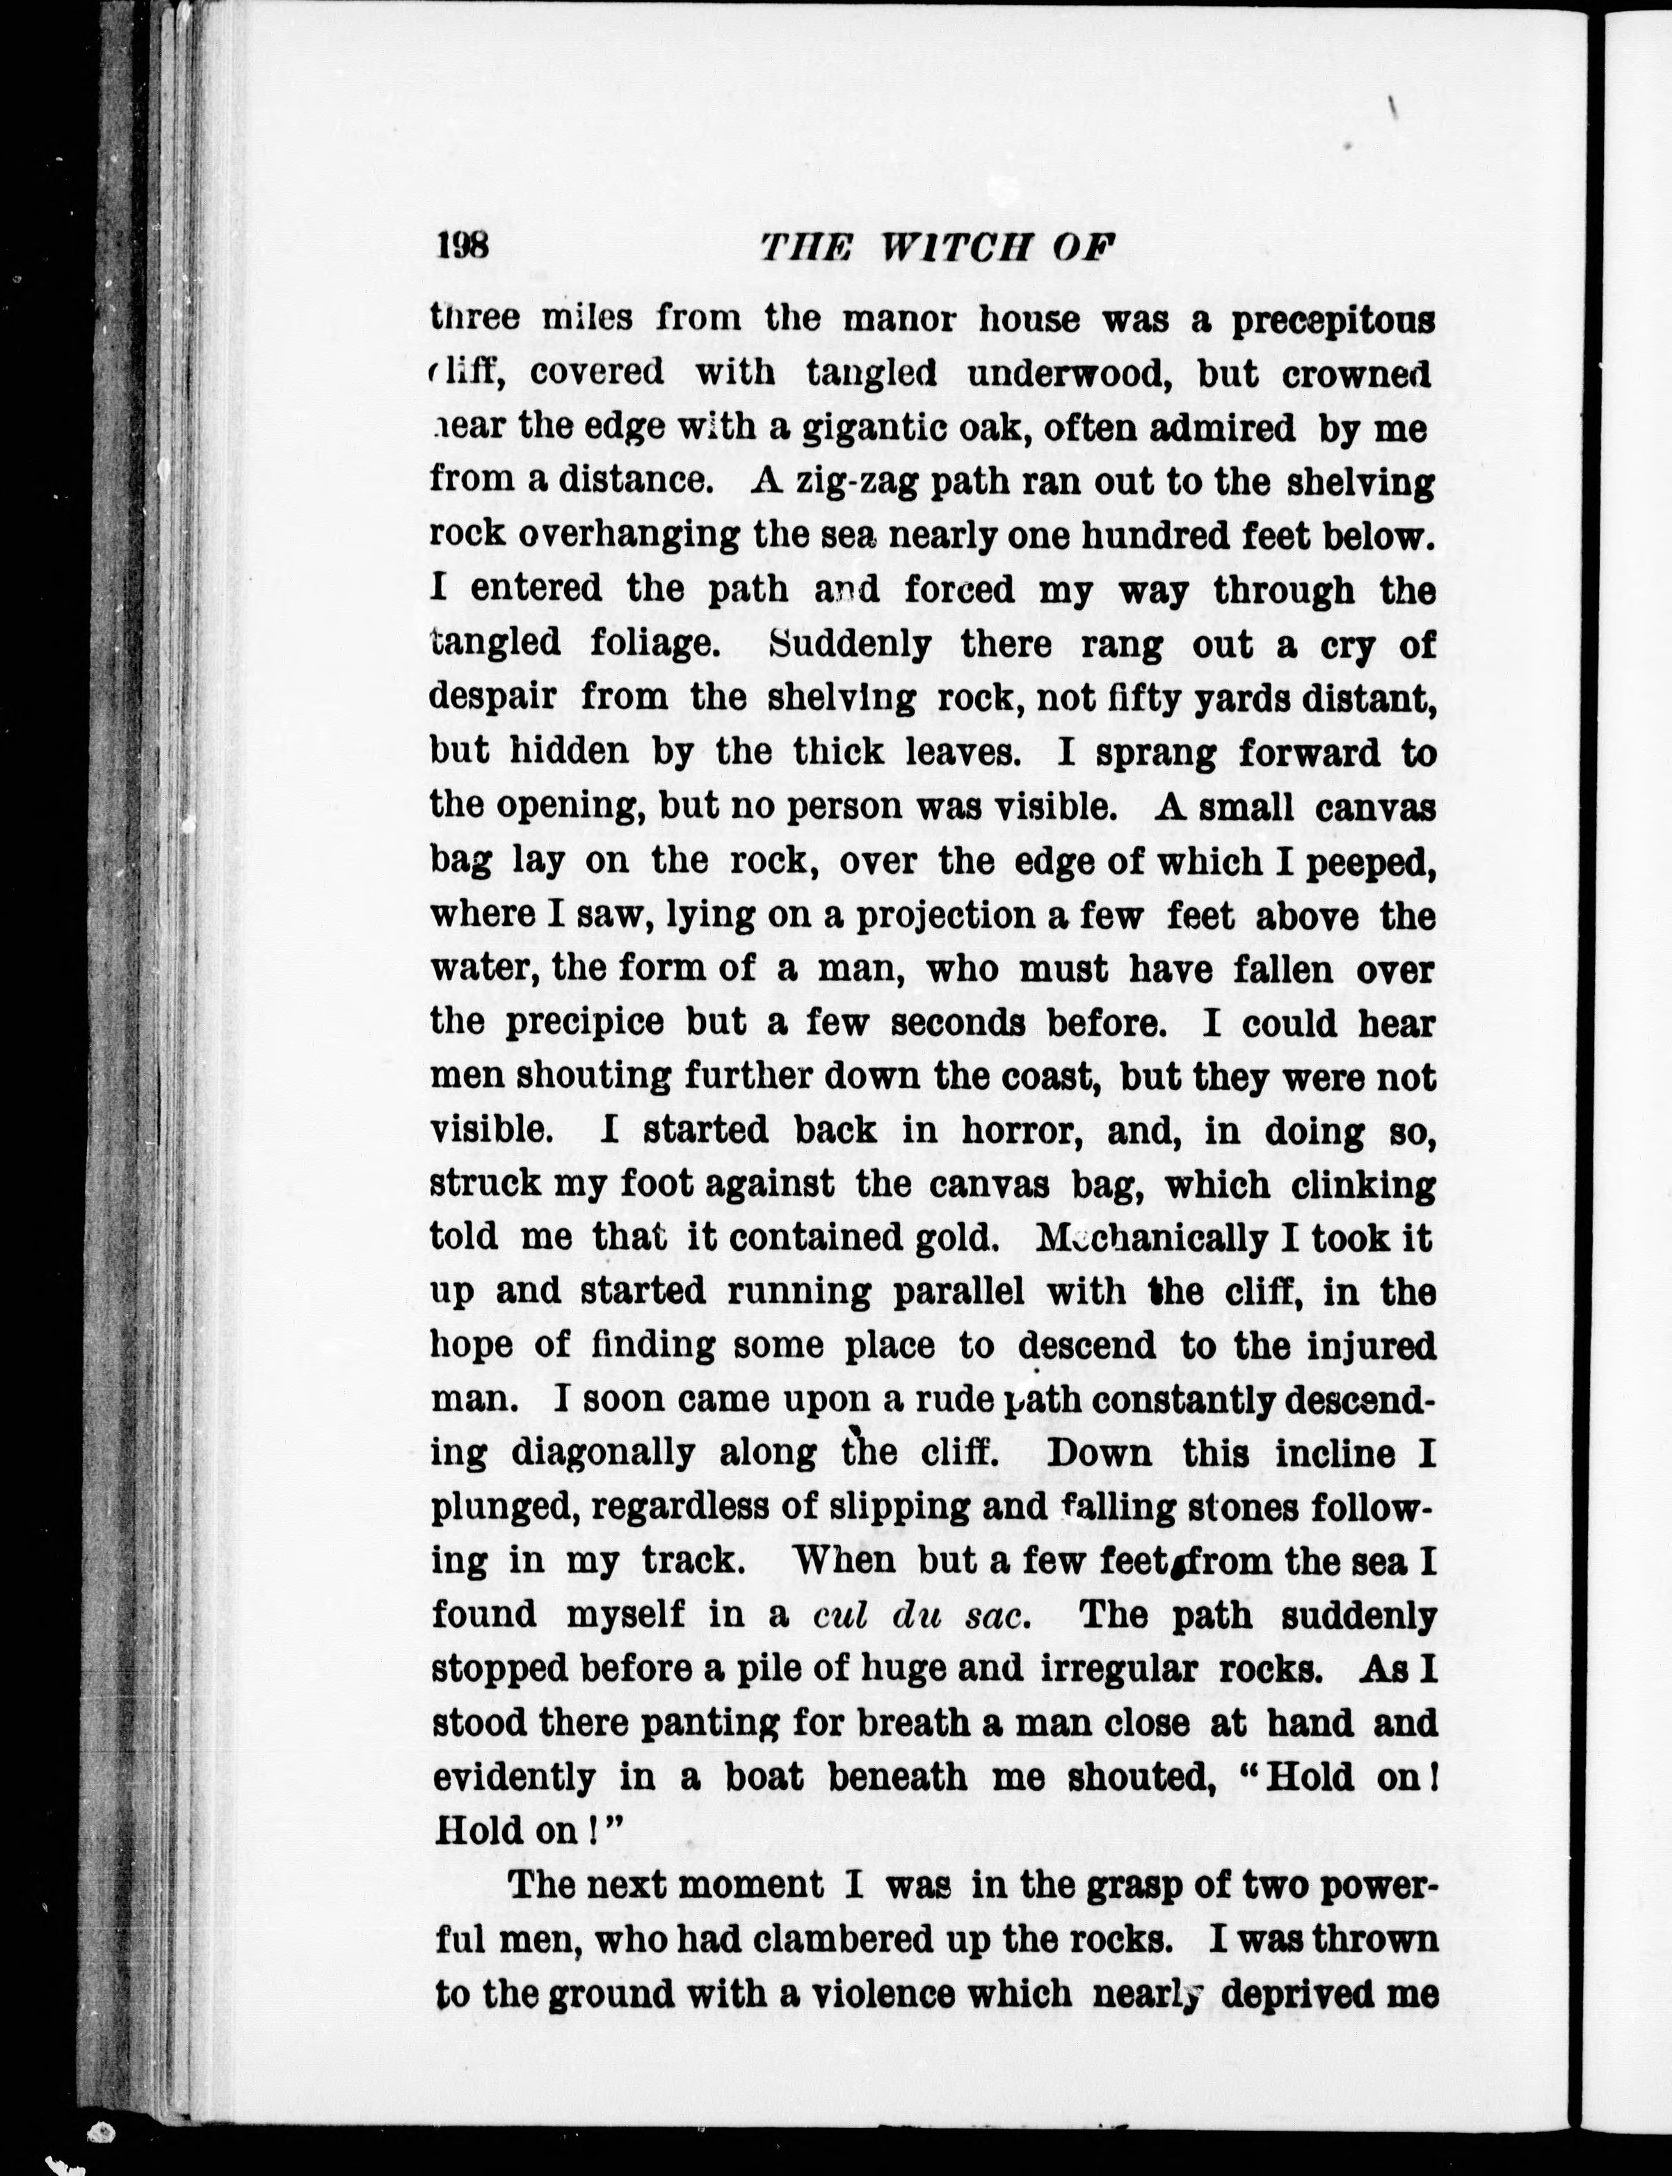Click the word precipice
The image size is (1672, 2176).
coord(584,1023)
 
